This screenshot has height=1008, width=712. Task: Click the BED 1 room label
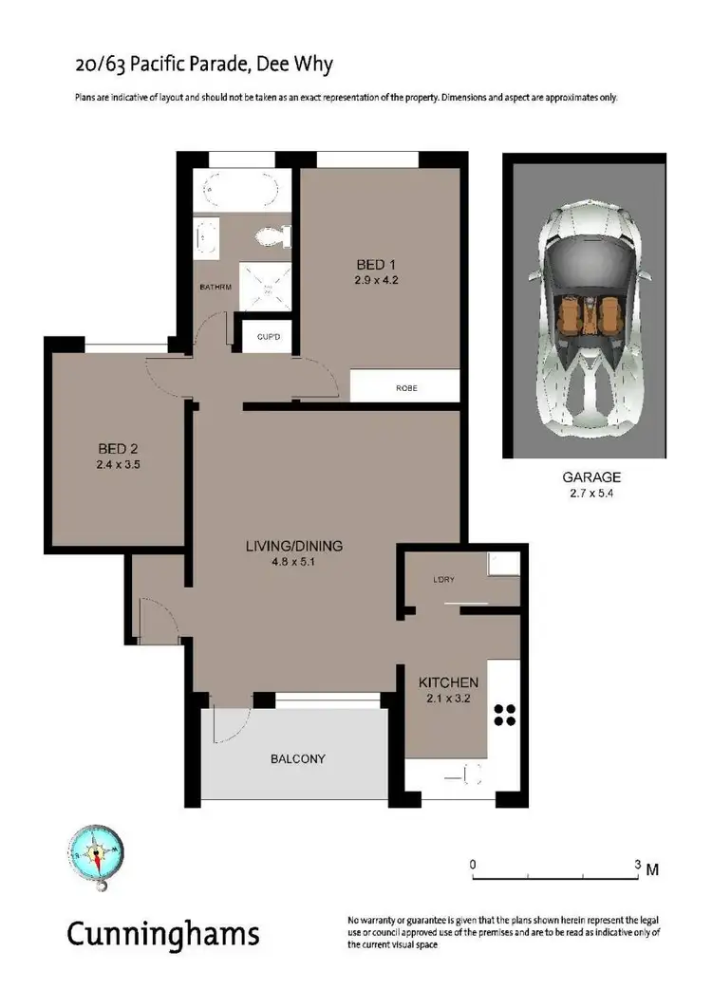click(370, 264)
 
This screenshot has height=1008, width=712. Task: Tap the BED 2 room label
click(119, 449)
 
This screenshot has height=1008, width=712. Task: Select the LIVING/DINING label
click(293, 547)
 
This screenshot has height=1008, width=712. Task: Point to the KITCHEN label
click(449, 682)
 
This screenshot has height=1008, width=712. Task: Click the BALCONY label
click(298, 758)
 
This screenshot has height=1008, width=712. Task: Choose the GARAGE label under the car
click(583, 477)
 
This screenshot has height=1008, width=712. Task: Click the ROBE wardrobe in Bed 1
click(405, 388)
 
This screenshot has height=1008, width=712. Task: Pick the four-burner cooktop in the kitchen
click(504, 715)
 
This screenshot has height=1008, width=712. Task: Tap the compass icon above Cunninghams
click(97, 852)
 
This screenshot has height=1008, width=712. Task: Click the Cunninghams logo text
click(162, 934)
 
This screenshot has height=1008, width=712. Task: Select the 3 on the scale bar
click(638, 865)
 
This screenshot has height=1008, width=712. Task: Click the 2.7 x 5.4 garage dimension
click(583, 494)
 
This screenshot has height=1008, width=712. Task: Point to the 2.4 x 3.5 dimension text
click(119, 465)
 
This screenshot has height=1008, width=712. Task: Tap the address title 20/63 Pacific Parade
click(203, 65)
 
